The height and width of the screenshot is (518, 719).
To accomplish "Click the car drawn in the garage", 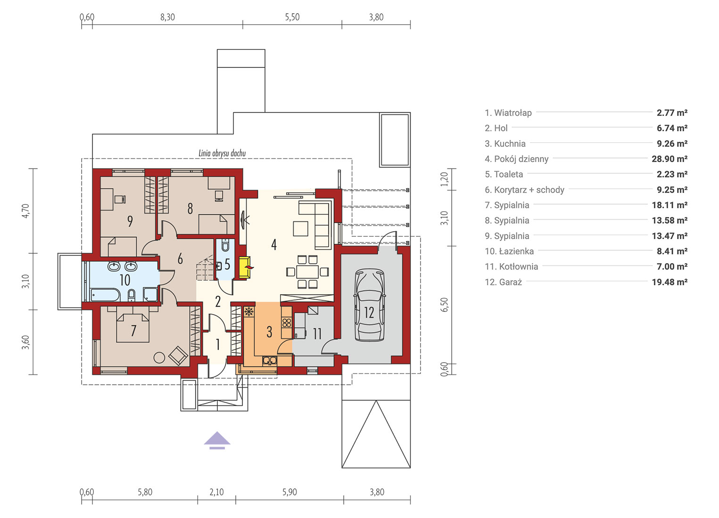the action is tap(369, 305).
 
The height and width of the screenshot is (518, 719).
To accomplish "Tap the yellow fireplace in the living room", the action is tap(245, 267).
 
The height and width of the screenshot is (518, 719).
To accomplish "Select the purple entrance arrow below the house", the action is tap(217, 440).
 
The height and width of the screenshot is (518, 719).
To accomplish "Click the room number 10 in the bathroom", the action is tap(125, 280).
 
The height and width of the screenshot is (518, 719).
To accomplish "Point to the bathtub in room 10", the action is tap(105, 295).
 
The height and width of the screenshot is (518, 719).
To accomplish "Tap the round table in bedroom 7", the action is tap(159, 357).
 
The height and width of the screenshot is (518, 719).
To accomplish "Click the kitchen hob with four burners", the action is tap(287, 323).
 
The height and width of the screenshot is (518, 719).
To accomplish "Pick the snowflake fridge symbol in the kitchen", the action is tap(248, 312).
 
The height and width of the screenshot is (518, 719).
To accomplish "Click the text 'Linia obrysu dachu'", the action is tap(222, 153).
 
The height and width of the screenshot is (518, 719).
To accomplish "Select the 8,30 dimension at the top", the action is tap(167, 17).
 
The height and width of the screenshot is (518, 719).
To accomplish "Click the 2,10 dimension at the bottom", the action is tap(217, 492).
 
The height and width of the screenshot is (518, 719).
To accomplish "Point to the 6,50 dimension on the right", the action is tap(444, 305).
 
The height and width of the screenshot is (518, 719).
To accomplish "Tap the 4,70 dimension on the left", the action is tap(25, 211).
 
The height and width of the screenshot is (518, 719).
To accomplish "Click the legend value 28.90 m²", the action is tap(669, 159).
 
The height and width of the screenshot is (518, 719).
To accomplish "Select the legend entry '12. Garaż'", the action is tap(504, 282).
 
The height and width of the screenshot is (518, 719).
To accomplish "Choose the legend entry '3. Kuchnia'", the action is tap(505, 144).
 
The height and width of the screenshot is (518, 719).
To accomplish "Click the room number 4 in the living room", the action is tap(274, 244).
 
